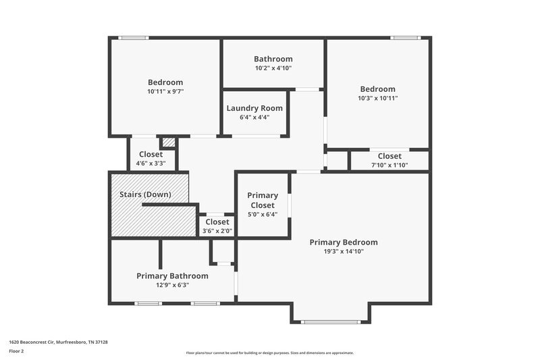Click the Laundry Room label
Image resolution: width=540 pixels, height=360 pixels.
[254, 108]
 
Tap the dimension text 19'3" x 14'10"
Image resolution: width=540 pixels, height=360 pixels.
[343, 251]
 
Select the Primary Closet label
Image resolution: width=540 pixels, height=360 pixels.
[263, 201]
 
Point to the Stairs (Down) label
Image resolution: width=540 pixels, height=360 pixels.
[145, 195]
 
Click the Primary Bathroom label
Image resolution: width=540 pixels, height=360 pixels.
[172, 276]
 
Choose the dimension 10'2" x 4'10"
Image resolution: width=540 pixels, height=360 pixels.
[273, 68]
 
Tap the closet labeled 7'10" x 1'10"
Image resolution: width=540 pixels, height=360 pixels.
[389, 165]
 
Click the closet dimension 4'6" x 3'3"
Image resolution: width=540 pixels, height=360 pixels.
[151, 163]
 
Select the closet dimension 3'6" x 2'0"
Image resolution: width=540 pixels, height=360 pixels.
[217, 231]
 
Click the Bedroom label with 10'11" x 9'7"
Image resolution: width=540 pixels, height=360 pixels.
[165, 82]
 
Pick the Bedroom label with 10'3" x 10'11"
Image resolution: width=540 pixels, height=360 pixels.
[377, 89]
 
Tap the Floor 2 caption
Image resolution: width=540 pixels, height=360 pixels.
[16, 351]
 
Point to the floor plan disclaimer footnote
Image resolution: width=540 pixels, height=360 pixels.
[269, 353]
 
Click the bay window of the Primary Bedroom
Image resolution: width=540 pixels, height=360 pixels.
[330, 322]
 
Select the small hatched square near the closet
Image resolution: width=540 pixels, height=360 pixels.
[168, 143]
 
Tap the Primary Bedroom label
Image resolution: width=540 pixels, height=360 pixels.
[343, 242]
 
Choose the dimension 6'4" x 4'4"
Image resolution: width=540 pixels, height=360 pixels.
[254, 118]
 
